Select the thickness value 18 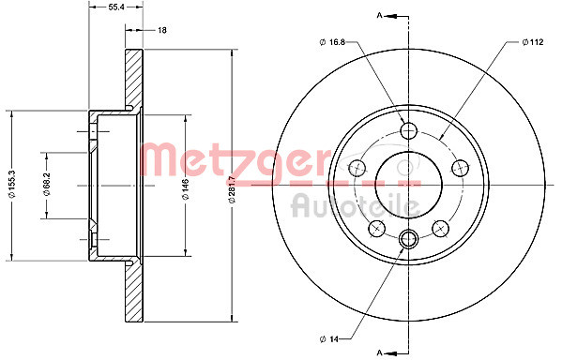(x=161, y=31)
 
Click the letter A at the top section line (x=379, y=16)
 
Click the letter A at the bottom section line (x=379, y=352)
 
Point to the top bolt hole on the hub (x=407, y=129)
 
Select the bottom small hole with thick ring (x=407, y=240)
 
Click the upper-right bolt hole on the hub (x=459, y=167)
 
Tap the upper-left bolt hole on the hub (x=357, y=167)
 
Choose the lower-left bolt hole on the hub (x=376, y=228)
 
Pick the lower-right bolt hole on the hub (x=439, y=228)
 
